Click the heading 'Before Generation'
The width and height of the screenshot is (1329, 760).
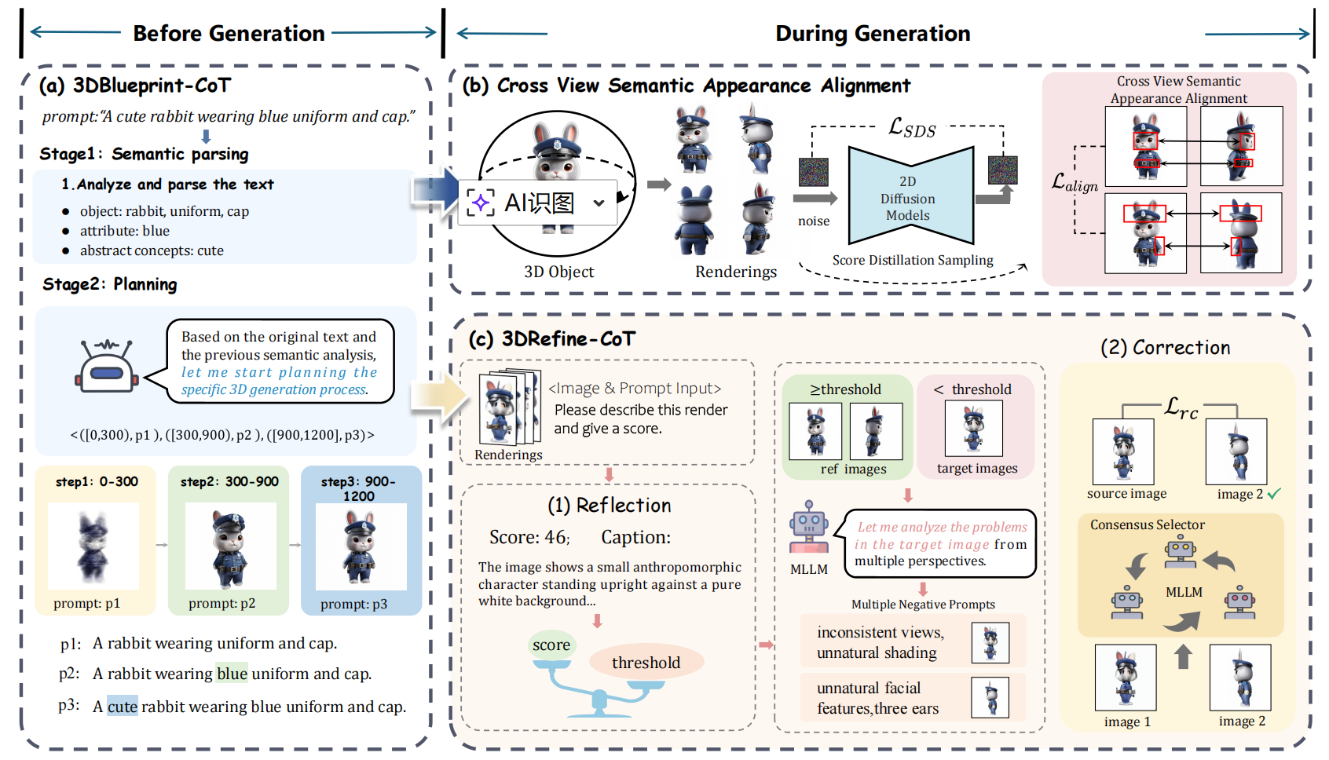(x=229, y=34)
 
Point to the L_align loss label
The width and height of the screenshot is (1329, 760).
(x=1075, y=183)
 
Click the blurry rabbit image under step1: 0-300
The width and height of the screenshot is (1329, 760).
(x=93, y=546)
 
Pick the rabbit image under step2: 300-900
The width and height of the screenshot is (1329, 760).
(x=229, y=546)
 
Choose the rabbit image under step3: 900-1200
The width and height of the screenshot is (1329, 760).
(x=361, y=546)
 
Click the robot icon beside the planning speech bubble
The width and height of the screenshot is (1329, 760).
(x=108, y=367)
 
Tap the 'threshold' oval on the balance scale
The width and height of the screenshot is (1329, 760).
(x=646, y=663)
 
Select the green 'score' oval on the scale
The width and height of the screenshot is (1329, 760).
(x=551, y=645)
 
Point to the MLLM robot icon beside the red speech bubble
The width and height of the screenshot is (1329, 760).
(x=809, y=528)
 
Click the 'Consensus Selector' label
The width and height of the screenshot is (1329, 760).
(x=1147, y=524)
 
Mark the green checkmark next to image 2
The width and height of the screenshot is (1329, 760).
(x=1274, y=494)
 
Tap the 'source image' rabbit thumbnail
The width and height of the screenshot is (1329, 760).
(x=1123, y=451)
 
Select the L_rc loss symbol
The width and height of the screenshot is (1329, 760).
(x=1181, y=407)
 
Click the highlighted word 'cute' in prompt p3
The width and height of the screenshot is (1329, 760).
(x=123, y=707)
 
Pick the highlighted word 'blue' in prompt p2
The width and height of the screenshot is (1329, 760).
(x=232, y=674)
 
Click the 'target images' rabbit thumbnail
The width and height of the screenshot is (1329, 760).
(x=974, y=429)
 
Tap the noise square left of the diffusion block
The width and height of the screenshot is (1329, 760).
(x=814, y=173)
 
